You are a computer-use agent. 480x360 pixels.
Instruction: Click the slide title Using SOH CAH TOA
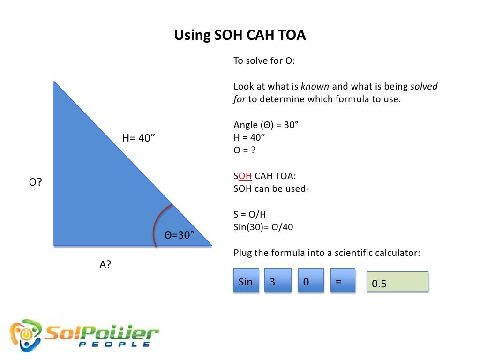click(x=240, y=36)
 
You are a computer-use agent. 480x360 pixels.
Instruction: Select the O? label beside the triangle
click(x=35, y=182)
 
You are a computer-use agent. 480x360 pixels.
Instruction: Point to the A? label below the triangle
click(x=105, y=264)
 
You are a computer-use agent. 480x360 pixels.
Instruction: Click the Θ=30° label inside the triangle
click(x=179, y=235)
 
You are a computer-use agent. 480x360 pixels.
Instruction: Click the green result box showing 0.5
click(x=397, y=281)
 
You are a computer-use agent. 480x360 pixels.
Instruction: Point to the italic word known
click(x=315, y=87)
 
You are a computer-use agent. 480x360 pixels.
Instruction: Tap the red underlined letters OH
click(x=245, y=176)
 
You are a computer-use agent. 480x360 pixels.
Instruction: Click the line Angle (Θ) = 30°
click(x=266, y=125)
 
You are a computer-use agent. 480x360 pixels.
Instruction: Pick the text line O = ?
click(x=245, y=150)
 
